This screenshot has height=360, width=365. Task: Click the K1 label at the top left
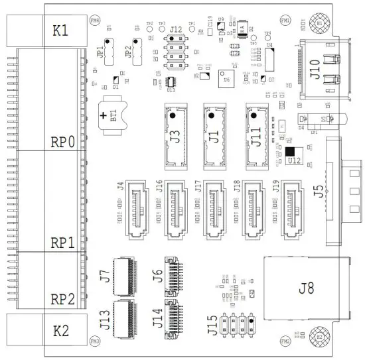tap(60, 30)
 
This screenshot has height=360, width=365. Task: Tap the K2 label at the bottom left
tap(60, 329)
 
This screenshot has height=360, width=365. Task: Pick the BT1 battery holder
tap(109, 117)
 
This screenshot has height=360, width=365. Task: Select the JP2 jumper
tap(139, 50)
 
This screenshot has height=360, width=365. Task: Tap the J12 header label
tap(175, 30)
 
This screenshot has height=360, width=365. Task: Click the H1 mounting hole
tap(320, 23)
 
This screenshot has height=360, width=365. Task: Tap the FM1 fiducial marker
tap(286, 21)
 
